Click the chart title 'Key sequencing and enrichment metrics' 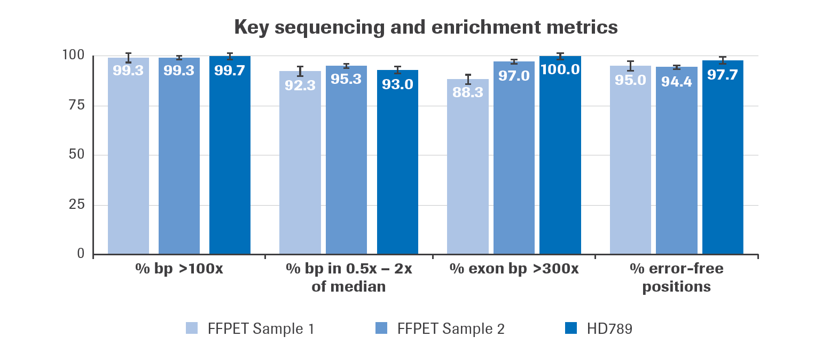pyautogui.click(x=426, y=27)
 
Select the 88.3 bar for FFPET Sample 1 pyautogui.click(x=467, y=171)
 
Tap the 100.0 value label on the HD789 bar pyautogui.click(x=560, y=70)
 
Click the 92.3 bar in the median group pyautogui.click(x=300, y=166)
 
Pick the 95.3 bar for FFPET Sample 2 pyautogui.click(x=346, y=160)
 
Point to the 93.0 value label pyautogui.click(x=397, y=84)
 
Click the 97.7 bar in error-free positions pyautogui.click(x=723, y=160)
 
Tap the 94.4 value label pyautogui.click(x=677, y=82)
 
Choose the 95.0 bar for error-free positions pyautogui.click(x=630, y=160)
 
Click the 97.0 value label pyautogui.click(x=514, y=76)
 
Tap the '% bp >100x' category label pyautogui.click(x=179, y=269)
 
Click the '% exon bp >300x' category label pyautogui.click(x=514, y=269)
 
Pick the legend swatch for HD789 pyautogui.click(x=571, y=328)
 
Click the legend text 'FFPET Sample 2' pyautogui.click(x=451, y=328)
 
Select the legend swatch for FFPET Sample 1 pyautogui.click(x=192, y=328)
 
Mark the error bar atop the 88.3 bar pyautogui.click(x=468, y=79)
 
